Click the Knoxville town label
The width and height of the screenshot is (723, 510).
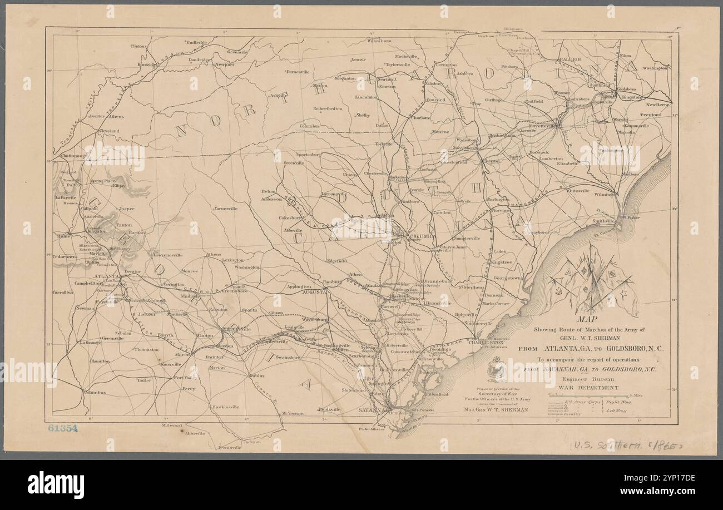(148, 65)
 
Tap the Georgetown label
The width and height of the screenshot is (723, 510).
(508, 278)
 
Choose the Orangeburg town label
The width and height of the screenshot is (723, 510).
(437, 281)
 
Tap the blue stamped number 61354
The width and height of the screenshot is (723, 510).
(62, 428)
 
